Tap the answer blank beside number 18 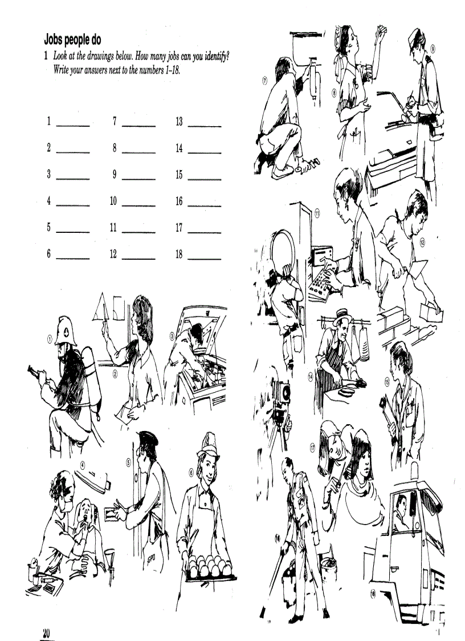(204, 259)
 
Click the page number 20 (46, 632)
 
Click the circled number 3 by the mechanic (172, 337)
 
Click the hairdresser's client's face (363, 468)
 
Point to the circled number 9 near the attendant (433, 49)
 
